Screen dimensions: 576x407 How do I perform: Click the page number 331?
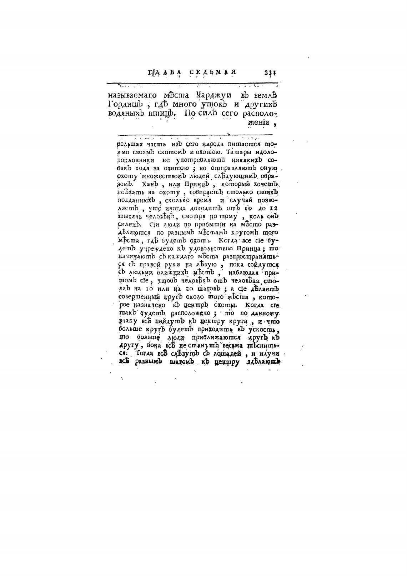click(270, 72)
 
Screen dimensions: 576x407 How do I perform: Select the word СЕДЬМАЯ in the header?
click(213, 72)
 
